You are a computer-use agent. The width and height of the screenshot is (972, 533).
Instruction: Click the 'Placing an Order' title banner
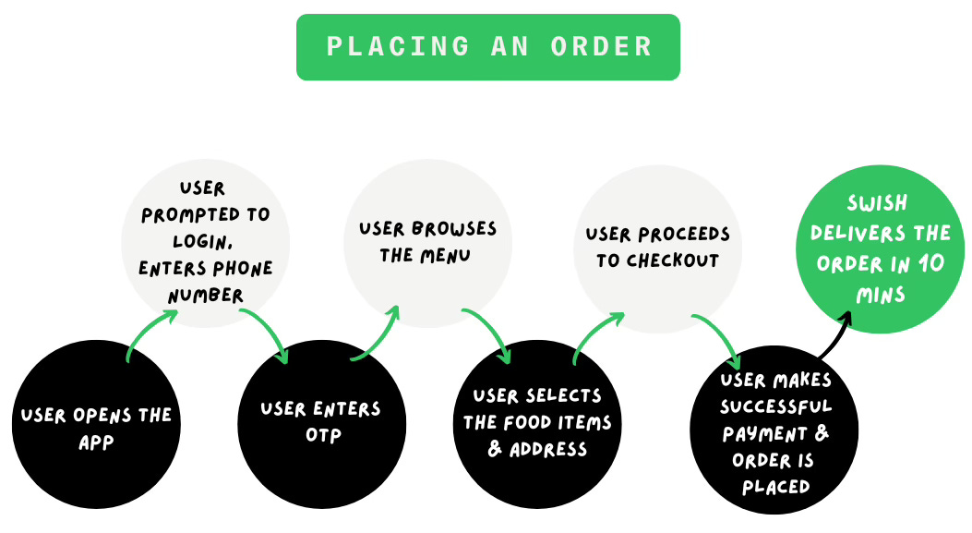[x=487, y=47]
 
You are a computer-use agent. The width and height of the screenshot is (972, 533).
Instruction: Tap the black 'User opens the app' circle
[x=96, y=425]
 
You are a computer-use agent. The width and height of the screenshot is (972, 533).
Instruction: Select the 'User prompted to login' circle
[x=206, y=242]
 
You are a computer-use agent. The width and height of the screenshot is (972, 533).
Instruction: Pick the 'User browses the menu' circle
[x=427, y=242]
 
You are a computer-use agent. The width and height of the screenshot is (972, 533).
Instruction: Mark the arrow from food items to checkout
[x=598, y=334]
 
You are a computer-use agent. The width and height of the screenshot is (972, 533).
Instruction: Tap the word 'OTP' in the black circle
[x=320, y=435]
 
